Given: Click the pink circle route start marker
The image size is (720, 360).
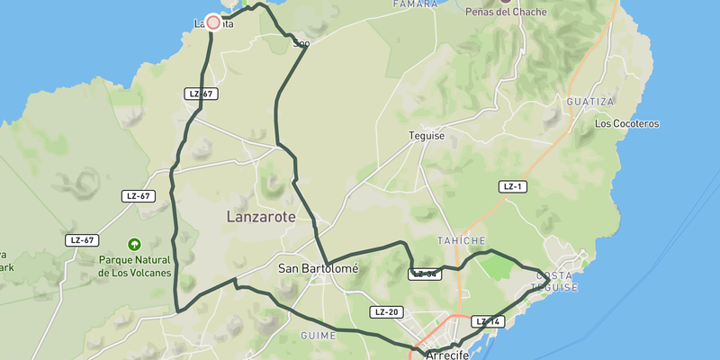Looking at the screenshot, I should click(213, 22).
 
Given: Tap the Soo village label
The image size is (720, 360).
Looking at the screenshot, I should click(301, 41).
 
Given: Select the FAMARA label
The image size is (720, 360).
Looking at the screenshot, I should click(415, 5).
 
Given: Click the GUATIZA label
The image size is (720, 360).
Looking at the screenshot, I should click(589, 103).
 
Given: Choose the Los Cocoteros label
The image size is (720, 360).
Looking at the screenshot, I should click(627, 123).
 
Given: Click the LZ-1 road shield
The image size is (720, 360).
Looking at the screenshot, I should click(513, 186).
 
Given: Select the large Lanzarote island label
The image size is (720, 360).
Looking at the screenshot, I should click(261, 218).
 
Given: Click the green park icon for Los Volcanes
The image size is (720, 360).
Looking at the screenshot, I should click(134, 244).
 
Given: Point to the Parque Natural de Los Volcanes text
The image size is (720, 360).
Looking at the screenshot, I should click(134, 265).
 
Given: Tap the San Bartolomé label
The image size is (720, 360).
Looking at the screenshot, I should click(318, 268).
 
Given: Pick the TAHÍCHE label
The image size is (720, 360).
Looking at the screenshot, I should click(461, 241).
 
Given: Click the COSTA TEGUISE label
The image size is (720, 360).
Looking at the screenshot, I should click(554, 281).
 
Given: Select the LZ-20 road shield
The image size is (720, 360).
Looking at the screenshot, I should click(385, 312).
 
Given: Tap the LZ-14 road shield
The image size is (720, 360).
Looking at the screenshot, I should click(487, 321).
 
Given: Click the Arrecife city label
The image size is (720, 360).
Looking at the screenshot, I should click(447, 355).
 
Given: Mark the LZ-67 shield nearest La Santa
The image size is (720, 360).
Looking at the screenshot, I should click(201, 94).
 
